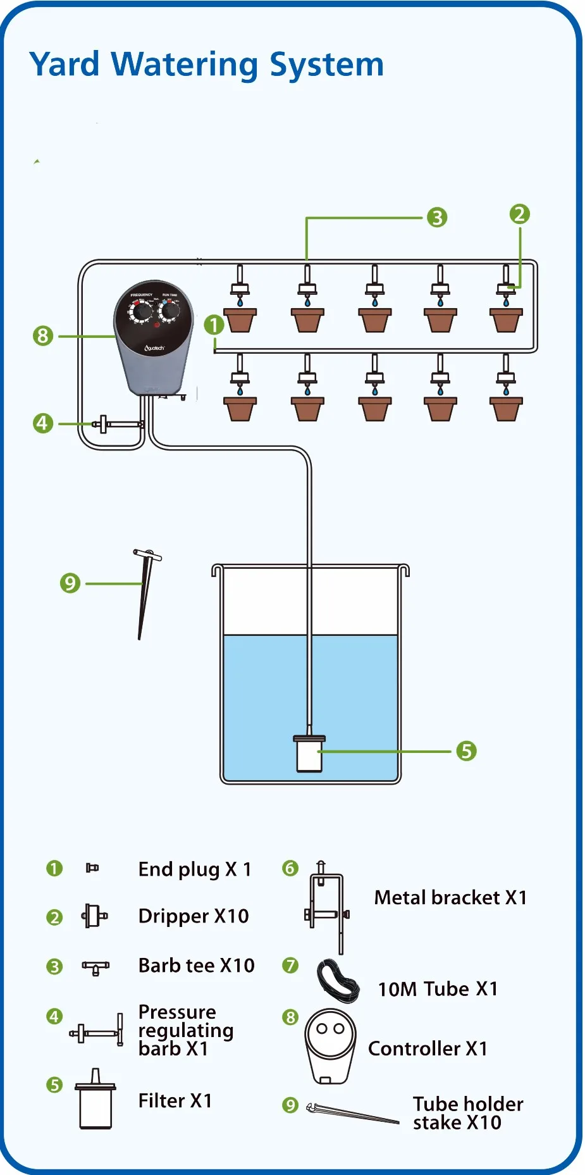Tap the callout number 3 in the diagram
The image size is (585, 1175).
pyautogui.click(x=436, y=218)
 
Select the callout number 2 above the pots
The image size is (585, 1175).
pyautogui.click(x=519, y=214)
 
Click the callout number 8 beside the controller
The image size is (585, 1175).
pyautogui.click(x=42, y=335)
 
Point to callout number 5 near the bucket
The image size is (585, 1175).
pyautogui.click(x=466, y=751)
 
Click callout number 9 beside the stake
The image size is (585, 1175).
pyautogui.click(x=70, y=583)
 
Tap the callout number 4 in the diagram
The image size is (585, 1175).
pyautogui.click(x=42, y=423)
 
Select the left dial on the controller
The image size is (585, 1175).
pyautogui.click(x=142, y=311)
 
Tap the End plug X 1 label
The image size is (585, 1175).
pyautogui.click(x=195, y=869)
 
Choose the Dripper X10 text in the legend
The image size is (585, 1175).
pyautogui.click(x=194, y=916)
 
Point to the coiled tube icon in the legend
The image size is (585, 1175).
pyautogui.click(x=338, y=981)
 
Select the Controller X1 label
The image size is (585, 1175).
pyautogui.click(x=428, y=1048)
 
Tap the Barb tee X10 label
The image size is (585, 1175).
pyautogui.click(x=196, y=966)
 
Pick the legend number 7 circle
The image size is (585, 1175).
pyautogui.click(x=290, y=966)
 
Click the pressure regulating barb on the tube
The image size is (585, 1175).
pyautogui.click(x=114, y=424)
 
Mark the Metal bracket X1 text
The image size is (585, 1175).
pyautogui.click(x=450, y=897)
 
